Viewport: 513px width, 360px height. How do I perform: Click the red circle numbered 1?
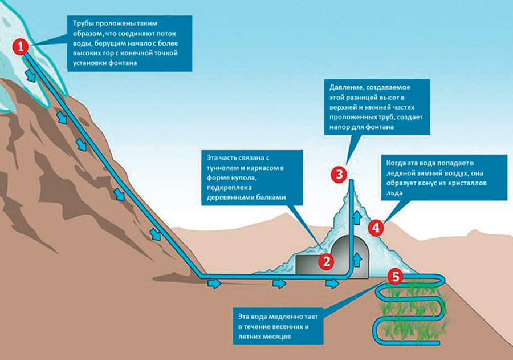click(22, 47)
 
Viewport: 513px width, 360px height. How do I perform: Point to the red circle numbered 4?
click(376, 228)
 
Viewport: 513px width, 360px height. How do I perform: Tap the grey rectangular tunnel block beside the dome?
click(308, 265)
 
